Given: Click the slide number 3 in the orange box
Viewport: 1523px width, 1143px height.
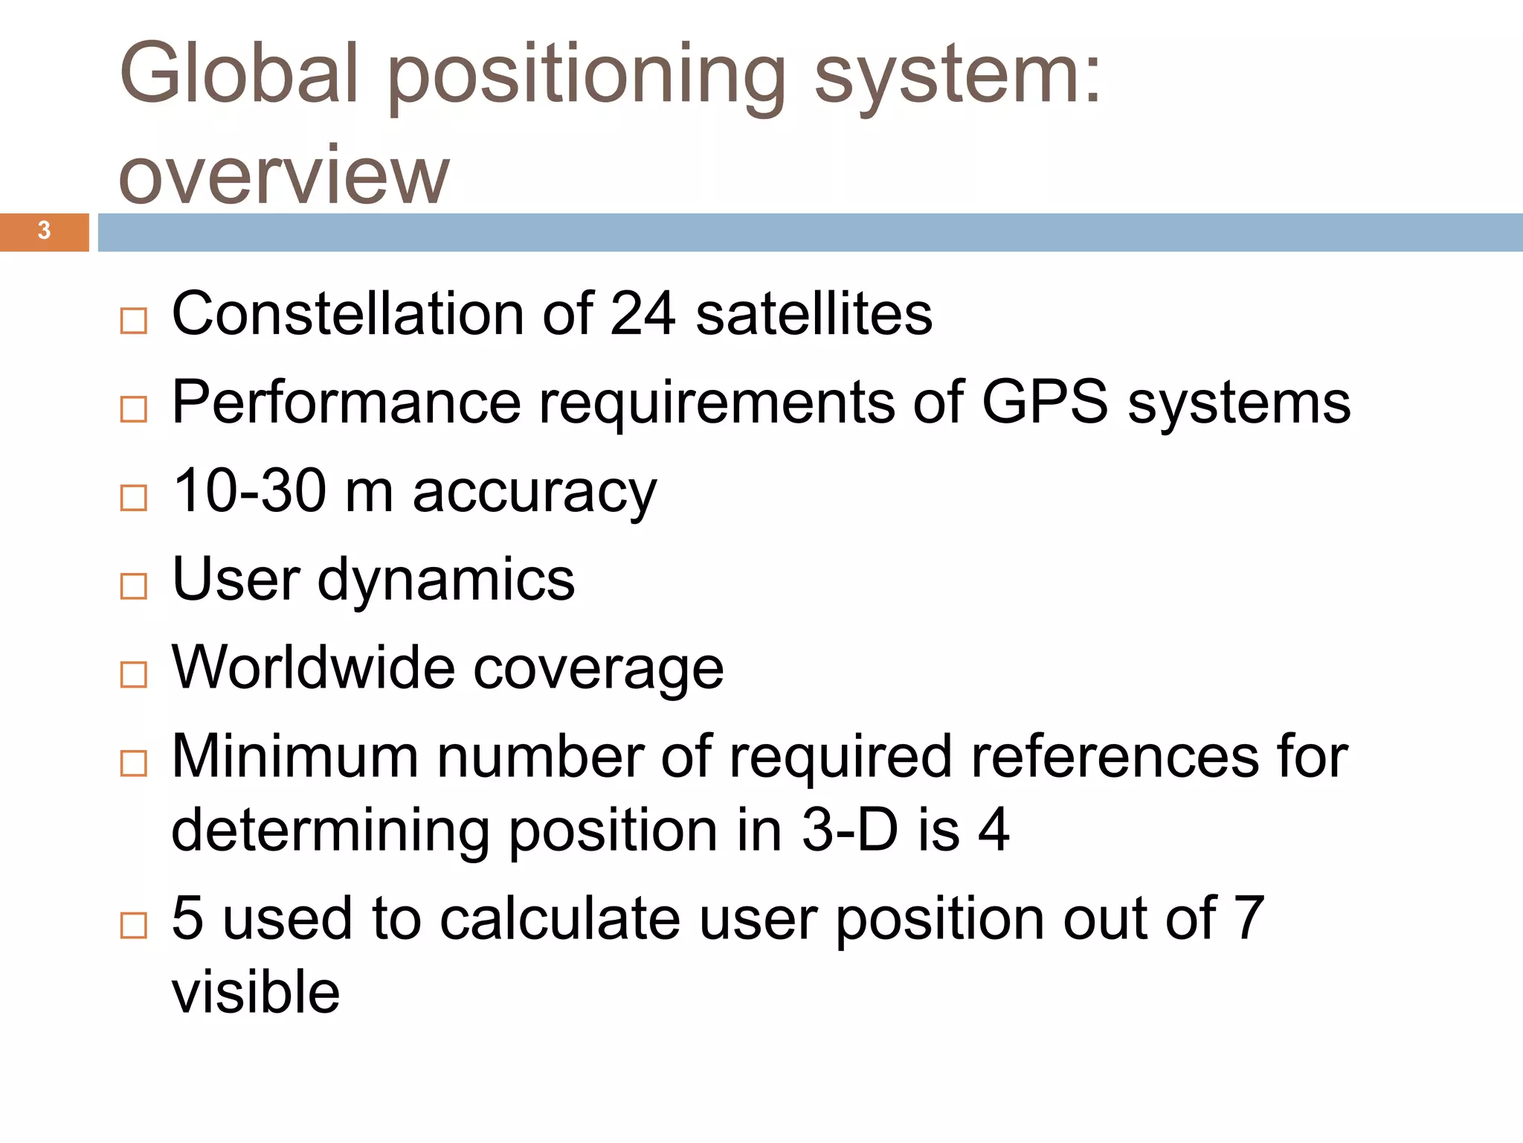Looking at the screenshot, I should tap(44, 231).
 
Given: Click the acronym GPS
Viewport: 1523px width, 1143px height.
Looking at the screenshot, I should tap(1045, 403).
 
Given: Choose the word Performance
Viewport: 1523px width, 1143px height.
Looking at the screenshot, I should tap(347, 403).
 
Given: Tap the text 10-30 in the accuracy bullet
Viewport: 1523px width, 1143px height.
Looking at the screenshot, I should tap(249, 490).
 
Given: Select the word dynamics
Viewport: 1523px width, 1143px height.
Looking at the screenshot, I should tap(445, 580).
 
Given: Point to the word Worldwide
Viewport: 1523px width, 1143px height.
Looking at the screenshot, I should tap(313, 667).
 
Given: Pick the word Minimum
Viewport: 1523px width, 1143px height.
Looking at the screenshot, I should tap(295, 756).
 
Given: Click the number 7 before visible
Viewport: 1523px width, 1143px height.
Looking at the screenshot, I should tap(1249, 918).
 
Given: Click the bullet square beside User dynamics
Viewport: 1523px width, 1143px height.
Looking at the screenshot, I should tap(134, 586).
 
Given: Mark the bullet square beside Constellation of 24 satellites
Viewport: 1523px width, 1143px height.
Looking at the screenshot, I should tap(134, 321).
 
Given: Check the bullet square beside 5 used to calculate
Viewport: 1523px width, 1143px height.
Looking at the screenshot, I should tap(134, 925).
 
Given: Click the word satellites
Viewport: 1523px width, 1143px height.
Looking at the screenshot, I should tap(814, 313).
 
